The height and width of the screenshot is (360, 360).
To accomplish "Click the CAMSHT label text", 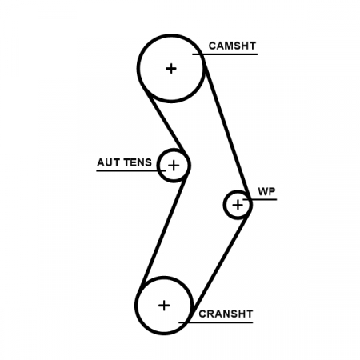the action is pos(232,46).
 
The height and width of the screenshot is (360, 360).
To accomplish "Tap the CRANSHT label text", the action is pos(226,314).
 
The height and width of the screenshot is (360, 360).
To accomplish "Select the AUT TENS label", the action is pos(124,162).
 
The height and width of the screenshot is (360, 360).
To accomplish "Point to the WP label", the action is pos(266,191).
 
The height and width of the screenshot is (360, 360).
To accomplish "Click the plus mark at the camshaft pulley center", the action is pos(171,69).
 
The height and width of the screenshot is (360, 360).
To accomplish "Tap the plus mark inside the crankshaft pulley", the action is pos(164,306).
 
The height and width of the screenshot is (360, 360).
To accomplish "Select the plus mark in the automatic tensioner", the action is pos(174,166).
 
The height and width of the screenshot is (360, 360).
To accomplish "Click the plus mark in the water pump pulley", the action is pos(238,205).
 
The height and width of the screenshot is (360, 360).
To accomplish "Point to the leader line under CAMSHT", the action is pos(225,54).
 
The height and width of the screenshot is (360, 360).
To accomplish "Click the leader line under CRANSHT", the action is pos(215,322).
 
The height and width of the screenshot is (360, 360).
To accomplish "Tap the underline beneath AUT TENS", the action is pos(130,170).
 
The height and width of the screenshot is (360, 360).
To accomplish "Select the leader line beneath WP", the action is pos(259,199).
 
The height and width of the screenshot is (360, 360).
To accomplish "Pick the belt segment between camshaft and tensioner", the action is pos(166,122).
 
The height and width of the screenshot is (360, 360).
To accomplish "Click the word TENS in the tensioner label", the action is pos(138,162).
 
